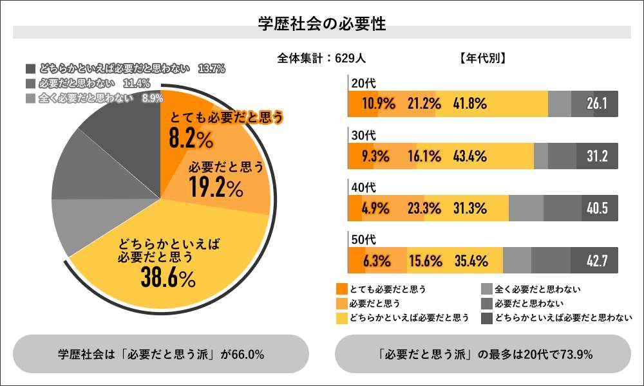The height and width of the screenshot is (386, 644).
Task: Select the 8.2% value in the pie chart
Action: pyautogui.click(x=190, y=137)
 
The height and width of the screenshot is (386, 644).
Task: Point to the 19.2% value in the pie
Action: pyautogui.click(x=216, y=187)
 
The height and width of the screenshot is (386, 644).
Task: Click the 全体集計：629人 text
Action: pyautogui.click(x=321, y=58)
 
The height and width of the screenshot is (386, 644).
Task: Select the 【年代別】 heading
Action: pyautogui.click(x=483, y=58)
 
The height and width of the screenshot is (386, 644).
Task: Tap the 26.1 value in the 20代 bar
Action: pyautogui.click(x=598, y=104)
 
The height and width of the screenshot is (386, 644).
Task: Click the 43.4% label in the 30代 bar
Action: pyautogui.click(x=470, y=156)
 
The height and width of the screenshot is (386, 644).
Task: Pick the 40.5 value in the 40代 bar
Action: pyautogui.click(x=598, y=208)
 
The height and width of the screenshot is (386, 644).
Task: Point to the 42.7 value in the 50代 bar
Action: pyautogui.click(x=598, y=261)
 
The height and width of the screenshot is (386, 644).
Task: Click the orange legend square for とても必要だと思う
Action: pyautogui.click(x=341, y=289)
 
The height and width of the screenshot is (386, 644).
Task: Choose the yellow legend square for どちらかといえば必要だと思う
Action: pyautogui.click(x=341, y=318)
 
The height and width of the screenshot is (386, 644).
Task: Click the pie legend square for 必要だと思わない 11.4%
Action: pyautogui.click(x=30, y=84)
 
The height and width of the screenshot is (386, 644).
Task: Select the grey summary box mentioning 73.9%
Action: pyautogui.click(x=483, y=354)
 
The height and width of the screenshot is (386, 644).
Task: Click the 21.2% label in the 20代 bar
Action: pyautogui.click(x=424, y=104)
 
